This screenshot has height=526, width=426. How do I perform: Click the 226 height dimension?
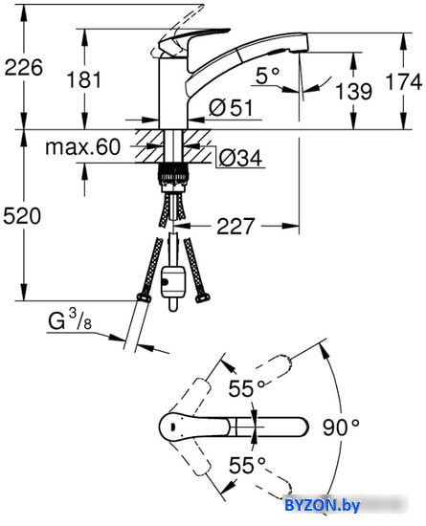(24, 68)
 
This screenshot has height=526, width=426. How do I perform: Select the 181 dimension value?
(84, 80)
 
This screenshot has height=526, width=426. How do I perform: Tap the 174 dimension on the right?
(404, 81)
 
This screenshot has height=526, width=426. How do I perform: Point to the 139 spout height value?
(354, 91)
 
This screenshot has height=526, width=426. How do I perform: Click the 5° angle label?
(267, 76)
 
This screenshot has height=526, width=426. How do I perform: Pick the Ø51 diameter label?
(231, 108)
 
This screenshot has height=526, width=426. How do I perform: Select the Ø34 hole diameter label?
(240, 158)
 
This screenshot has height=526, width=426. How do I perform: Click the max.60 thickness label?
(82, 147)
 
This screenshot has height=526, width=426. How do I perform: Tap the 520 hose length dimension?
(22, 216)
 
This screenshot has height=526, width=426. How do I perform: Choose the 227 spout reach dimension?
(235, 226)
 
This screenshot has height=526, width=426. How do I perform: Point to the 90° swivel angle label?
(341, 427)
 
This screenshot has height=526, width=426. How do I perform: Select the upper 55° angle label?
(247, 388)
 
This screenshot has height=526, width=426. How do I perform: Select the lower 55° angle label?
(247, 465)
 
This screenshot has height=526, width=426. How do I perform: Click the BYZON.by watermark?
(323, 505)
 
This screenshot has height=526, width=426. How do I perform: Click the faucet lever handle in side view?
(193, 37)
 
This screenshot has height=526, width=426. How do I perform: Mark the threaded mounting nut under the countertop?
(173, 177)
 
